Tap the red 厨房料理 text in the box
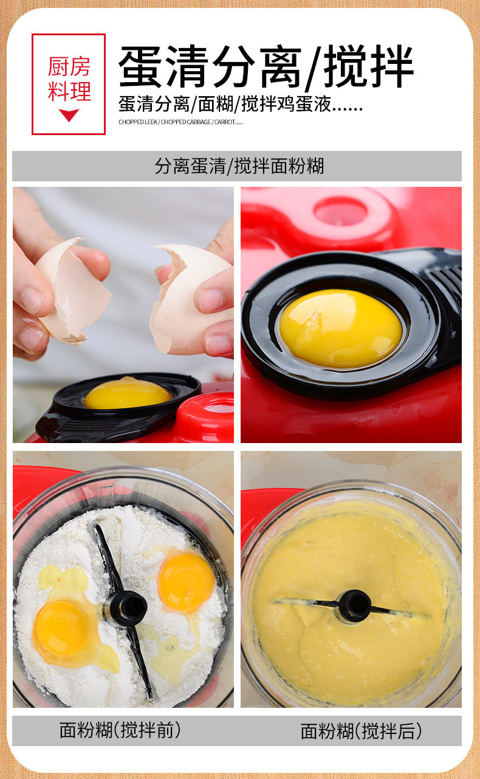(x=69, y=79)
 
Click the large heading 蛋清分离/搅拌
(x=266, y=66)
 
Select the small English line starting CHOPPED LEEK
(x=180, y=122)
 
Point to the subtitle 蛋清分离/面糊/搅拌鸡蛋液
(x=241, y=104)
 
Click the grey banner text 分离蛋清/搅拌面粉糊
(x=239, y=166)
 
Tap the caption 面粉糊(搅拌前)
(x=120, y=730)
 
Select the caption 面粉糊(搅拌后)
(x=362, y=731)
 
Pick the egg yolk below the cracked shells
(x=128, y=393)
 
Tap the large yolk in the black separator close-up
(x=340, y=329)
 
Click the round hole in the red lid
(x=341, y=211)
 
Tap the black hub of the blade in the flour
(x=128, y=608)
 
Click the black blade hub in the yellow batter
(x=355, y=606)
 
